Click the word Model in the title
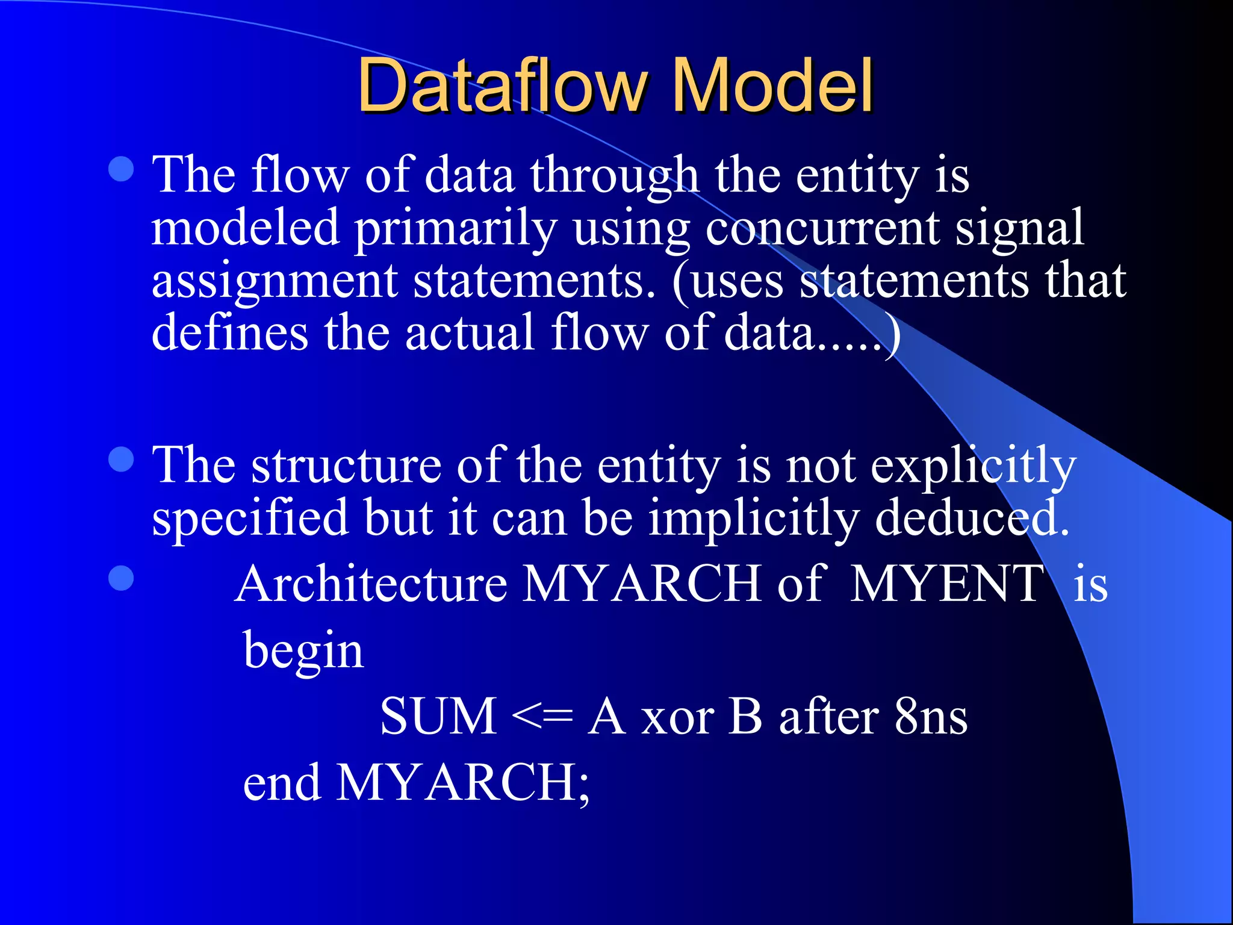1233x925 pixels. point(772,86)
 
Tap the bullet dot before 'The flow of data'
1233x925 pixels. point(122,169)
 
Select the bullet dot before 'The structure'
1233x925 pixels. point(122,460)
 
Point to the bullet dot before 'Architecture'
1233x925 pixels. point(122,578)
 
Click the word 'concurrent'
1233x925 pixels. point(822,229)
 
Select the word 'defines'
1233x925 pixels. point(230,332)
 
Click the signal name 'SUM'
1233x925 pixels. point(438,717)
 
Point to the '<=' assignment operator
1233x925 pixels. point(542,717)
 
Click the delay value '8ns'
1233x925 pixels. point(931,717)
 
